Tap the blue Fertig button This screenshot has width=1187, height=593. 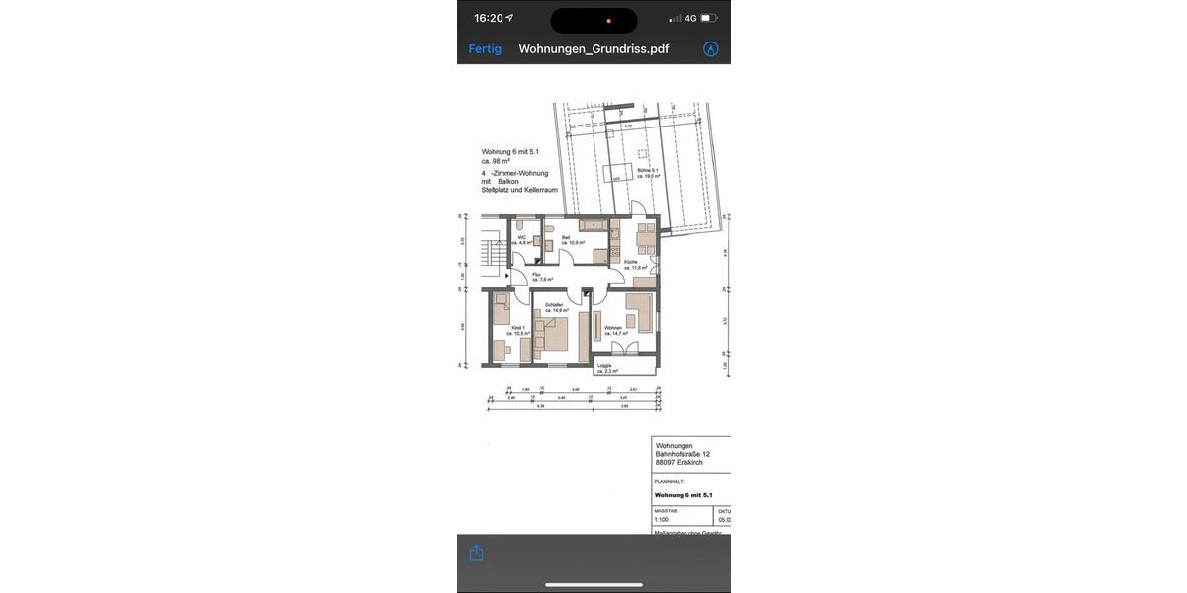tap(485, 48)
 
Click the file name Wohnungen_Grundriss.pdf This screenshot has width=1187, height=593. tap(593, 48)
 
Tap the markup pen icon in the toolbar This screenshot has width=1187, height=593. tap(710, 48)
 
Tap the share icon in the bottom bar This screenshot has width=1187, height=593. tap(476, 552)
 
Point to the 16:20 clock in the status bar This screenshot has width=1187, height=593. tap(489, 18)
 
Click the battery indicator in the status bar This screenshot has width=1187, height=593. tap(709, 18)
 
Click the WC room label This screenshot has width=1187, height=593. tap(521, 237)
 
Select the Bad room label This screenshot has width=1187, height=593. tap(566, 237)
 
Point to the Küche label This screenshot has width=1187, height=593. tap(630, 262)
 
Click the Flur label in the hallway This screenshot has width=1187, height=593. tap(537, 275)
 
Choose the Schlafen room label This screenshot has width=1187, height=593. tap(553, 305)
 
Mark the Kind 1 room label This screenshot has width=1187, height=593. tap(516, 327)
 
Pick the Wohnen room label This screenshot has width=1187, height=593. tap(613, 327)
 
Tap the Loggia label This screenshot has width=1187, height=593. tap(604, 366)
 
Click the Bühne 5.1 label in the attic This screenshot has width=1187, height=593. tap(648, 170)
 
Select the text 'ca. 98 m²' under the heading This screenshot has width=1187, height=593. tap(497, 160)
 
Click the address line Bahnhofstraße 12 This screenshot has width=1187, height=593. tap(682, 454)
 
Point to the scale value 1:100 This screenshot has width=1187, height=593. tap(662, 518)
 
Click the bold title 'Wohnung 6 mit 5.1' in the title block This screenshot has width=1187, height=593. tap(684, 495)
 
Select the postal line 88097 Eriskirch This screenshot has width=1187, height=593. tap(679, 463)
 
